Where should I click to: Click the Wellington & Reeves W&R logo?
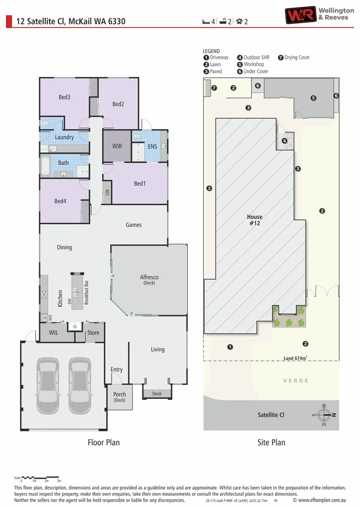tap(301, 15)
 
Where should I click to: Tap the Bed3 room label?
tap(65, 97)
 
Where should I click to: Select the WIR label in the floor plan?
tap(117, 146)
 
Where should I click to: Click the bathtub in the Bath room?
tap(46, 166)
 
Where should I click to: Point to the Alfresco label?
tap(149, 277)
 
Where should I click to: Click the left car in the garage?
tap(49, 385)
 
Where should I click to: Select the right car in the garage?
tap(80, 385)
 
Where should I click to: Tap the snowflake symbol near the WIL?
tap(74, 326)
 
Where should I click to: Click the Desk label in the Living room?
tap(157, 394)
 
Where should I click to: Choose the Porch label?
tap(120, 394)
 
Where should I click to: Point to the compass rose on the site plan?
tap(323, 415)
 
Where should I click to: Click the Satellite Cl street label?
tap(271, 415)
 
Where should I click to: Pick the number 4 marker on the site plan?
tap(284, 140)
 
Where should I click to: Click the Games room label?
tap(133, 225)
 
